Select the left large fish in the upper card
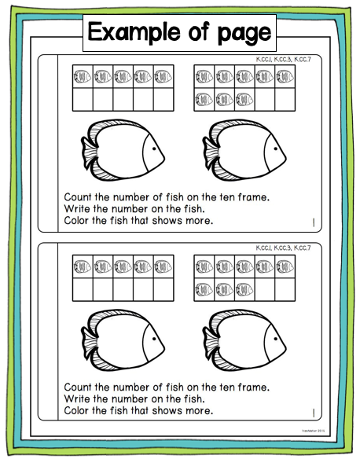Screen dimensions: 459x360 pos(121,149)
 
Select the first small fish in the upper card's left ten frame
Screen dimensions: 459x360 pos(82,77)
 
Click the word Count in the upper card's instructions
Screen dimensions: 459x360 pos(80,199)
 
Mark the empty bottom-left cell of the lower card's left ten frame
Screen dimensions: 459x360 pos(82,289)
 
